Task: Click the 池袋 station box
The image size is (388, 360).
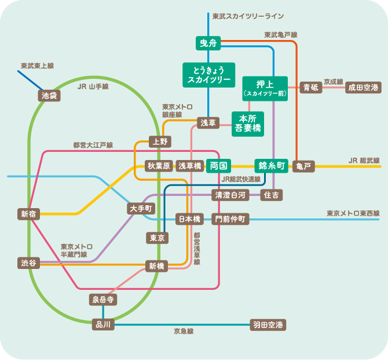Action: coord(49,95)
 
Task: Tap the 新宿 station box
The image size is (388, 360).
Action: coord(28,214)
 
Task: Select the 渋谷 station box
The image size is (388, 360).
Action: coord(28,263)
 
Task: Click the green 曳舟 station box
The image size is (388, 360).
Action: coord(207,43)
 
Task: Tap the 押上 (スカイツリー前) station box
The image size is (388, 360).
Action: coord(265,88)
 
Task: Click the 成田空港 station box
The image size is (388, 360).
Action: coord(363,88)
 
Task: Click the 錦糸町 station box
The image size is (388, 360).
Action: coord(270,166)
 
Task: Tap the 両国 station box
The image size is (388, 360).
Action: coord(221,166)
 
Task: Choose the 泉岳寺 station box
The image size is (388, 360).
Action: coord(103,299)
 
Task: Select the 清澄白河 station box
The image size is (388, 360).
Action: coord(230,195)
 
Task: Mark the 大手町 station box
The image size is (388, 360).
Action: coord(141,208)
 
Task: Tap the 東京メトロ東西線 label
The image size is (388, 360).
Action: coord(353,213)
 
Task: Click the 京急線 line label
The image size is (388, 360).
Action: coord(183,331)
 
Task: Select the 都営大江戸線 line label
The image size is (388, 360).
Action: coord(93,144)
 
